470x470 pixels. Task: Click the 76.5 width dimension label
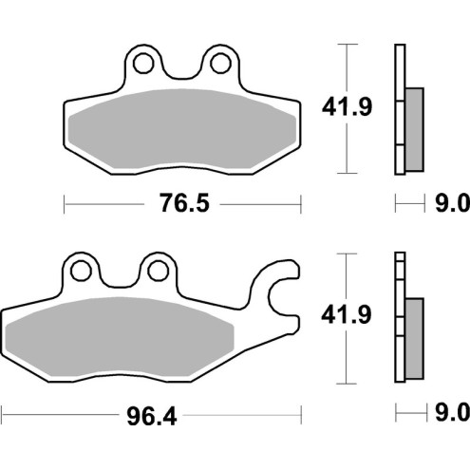tap(181, 203)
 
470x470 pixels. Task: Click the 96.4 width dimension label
tap(151, 414)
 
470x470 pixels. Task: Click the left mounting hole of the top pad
tap(145, 64)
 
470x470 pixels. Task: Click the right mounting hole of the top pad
tap(219, 64)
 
